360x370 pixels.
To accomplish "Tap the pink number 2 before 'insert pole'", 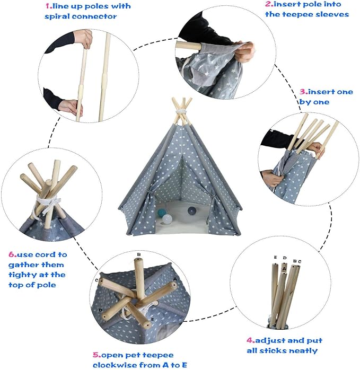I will (268, 5).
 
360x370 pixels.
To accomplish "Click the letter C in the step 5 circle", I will (97, 279).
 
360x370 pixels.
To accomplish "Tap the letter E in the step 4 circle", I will (275, 258).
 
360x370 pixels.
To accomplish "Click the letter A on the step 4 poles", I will (284, 269).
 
